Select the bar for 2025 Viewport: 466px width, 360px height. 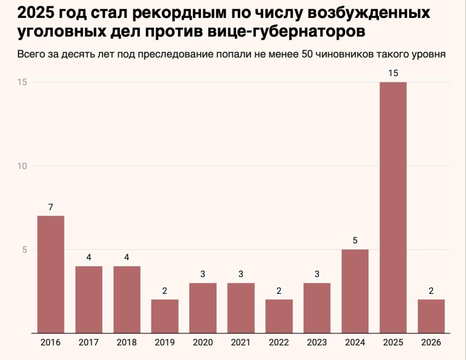click(393, 207)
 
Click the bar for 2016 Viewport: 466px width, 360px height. click(50, 274)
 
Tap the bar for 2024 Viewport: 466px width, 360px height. click(355, 291)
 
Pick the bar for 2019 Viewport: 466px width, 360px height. click(165, 316)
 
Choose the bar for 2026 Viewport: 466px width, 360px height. click(431, 316)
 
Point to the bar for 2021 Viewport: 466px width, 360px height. click(241, 308)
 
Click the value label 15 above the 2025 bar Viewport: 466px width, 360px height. click(393, 73)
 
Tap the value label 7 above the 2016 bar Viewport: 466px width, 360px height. click(50, 207)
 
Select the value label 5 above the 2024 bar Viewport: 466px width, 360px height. click(355, 240)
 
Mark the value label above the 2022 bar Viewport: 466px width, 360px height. click(279, 291)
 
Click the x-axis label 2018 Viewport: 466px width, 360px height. click(127, 343)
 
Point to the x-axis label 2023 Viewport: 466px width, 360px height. click(316, 343)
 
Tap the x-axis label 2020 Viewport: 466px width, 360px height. click(202, 343)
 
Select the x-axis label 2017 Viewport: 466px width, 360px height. click(88, 343)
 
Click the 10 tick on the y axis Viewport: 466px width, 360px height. click(21, 166)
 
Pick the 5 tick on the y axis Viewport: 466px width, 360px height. click(24, 250)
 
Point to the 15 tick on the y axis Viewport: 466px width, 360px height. click(21, 82)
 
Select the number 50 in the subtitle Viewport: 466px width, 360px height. click(307, 54)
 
